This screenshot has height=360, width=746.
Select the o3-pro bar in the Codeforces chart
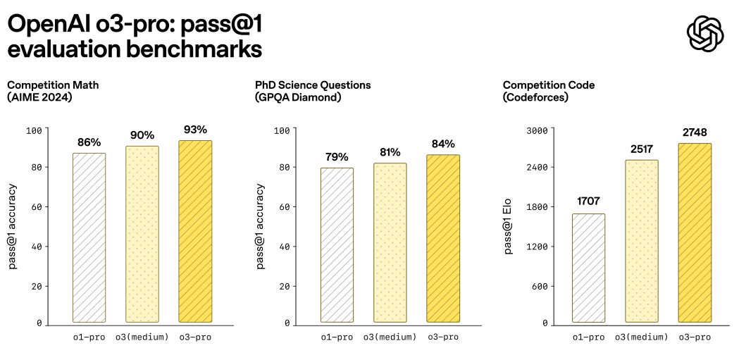(694, 232)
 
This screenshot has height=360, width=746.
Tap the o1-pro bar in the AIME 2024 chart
(89, 237)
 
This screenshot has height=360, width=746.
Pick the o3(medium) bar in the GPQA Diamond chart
(390, 242)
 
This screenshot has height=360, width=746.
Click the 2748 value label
(694, 132)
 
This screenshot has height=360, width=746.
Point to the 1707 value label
(588, 202)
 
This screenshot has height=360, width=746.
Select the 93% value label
(195, 130)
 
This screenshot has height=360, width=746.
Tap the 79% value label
(337, 156)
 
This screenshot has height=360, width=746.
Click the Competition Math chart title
(53, 85)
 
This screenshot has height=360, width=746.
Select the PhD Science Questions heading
(313, 85)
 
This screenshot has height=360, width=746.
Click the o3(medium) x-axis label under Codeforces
(641, 337)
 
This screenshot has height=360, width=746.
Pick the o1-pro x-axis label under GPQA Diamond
(337, 337)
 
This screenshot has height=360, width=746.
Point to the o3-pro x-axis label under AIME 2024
(195, 337)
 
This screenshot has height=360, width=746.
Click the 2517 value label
(641, 149)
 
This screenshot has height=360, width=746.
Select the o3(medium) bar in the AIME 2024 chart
(142, 234)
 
